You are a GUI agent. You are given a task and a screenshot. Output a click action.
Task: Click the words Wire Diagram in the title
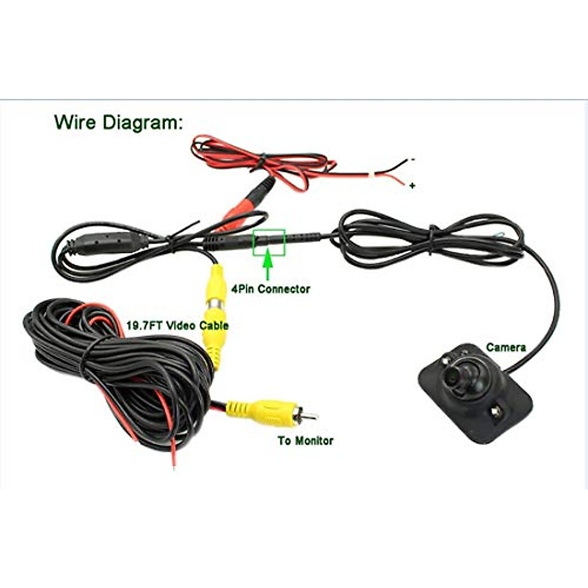118,122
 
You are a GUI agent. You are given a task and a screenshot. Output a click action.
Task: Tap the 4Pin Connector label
270,289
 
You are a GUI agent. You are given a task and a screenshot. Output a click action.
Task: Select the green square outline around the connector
269,243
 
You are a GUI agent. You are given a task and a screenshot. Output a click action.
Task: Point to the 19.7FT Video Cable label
177,325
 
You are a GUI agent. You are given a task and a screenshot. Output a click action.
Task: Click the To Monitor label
305,441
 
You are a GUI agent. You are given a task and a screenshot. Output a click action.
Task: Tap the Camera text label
506,347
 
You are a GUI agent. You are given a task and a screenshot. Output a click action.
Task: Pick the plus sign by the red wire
413,186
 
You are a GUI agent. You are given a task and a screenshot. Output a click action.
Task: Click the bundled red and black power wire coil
260,159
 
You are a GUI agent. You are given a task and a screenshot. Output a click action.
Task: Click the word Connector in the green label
284,289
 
